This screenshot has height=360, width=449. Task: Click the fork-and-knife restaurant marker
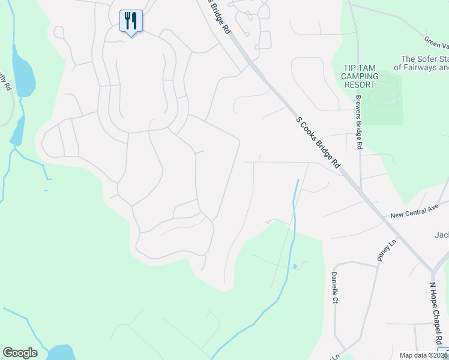131,21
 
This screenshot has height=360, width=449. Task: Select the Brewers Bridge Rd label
358,121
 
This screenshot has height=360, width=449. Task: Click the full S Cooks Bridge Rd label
318,143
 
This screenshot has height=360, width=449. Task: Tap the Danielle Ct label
334,287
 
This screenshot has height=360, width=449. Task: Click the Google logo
20,353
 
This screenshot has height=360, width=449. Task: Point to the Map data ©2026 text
423,355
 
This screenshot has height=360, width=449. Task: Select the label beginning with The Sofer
424,63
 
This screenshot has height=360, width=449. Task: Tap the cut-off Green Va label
436,41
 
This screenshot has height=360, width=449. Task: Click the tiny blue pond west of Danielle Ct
294,266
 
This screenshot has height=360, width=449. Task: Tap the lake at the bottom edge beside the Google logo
60,352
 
